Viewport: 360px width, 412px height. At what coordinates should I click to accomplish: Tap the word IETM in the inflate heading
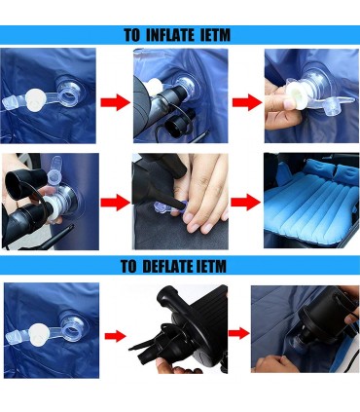pos(215,35)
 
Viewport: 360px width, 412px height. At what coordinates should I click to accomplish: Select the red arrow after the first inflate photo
pos(115,102)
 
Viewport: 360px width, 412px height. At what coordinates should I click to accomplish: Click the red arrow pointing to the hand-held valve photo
pos(247,102)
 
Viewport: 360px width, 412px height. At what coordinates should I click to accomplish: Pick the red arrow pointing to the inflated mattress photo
pos(245,202)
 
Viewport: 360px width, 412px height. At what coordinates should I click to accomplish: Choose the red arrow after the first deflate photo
pos(115,336)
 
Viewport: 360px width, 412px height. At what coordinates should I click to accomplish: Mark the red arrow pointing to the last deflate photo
pos(239,333)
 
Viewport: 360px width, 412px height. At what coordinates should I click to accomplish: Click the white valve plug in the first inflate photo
pos(34,98)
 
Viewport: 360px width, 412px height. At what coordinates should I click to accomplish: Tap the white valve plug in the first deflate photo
pos(39,332)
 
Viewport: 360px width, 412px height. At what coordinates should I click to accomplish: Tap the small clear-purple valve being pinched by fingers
pos(168,207)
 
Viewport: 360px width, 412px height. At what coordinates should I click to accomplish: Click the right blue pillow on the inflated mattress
pos(345,173)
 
